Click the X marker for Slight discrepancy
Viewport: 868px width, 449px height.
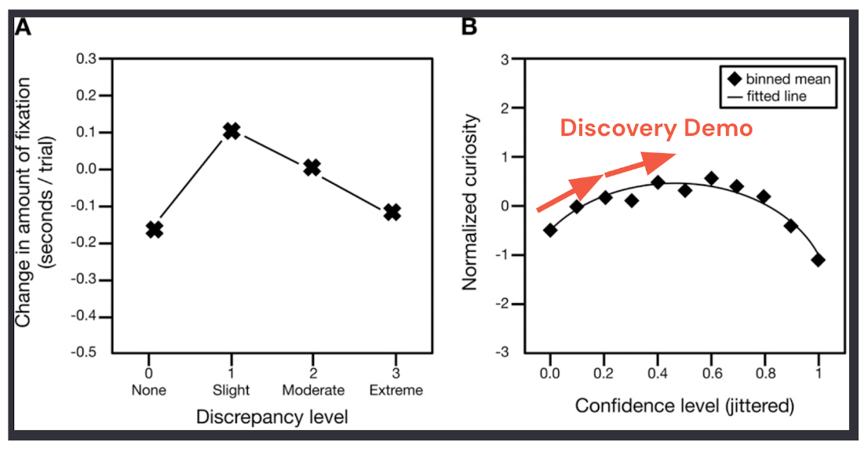[231, 131]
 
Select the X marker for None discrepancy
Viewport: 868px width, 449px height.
[155, 229]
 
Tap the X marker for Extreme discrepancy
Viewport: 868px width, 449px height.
[392, 212]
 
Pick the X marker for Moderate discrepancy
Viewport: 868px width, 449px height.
[312, 167]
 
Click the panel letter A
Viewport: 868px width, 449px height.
[24, 29]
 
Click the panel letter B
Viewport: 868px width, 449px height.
[469, 29]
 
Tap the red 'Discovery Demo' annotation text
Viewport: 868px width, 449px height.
[655, 130]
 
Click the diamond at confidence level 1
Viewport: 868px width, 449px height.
[819, 260]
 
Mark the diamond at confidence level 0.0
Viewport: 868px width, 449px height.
[550, 230]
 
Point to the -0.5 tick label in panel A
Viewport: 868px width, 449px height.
[87, 353]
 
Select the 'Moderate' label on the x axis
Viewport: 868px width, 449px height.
[312, 390]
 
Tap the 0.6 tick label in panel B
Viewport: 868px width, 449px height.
[710, 375]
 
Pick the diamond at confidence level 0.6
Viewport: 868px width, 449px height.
[711, 178]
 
